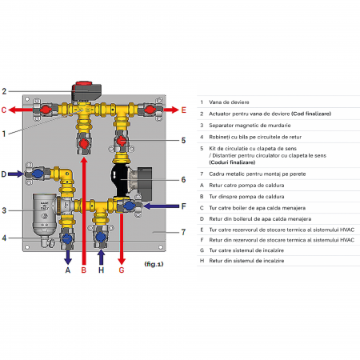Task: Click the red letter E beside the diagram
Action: (x=183, y=109)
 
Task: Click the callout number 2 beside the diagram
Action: (x=5, y=90)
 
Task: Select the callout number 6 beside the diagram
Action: (x=182, y=179)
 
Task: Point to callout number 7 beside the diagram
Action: (x=182, y=232)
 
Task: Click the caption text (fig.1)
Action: (x=154, y=263)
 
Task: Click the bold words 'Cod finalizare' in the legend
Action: (x=312, y=115)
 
